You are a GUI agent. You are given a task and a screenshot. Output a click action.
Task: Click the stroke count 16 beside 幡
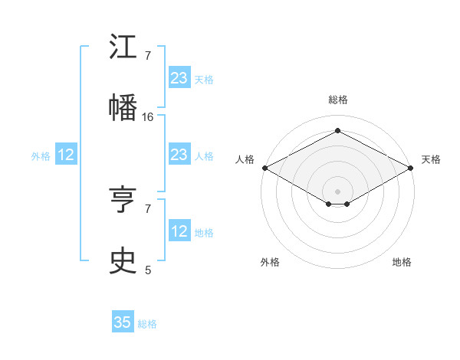click(x=148, y=117)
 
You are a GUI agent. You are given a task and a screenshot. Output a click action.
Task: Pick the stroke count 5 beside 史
click(x=148, y=270)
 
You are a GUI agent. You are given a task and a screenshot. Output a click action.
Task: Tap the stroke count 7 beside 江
click(x=148, y=56)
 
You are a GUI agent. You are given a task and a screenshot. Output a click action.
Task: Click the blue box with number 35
click(x=123, y=322)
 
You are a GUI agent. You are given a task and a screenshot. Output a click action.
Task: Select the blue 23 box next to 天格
click(x=179, y=78)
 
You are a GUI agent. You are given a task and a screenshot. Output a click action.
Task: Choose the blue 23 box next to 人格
click(x=179, y=155)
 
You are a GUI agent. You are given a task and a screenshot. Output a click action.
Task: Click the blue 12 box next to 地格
click(x=179, y=231)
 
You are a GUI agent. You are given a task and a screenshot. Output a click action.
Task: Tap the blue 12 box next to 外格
click(x=66, y=155)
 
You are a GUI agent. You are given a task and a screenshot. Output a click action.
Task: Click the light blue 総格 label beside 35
click(x=147, y=324)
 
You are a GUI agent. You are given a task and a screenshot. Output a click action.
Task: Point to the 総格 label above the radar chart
click(x=337, y=100)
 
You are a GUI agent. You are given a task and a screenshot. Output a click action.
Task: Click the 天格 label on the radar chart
click(x=431, y=159)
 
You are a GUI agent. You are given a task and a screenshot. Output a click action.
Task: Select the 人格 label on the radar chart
click(x=245, y=159)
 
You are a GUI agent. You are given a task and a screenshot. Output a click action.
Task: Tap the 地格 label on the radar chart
click(x=402, y=262)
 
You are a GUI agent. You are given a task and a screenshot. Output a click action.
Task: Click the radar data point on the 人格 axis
click(x=264, y=168)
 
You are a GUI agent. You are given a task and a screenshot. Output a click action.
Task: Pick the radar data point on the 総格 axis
click(x=337, y=131)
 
